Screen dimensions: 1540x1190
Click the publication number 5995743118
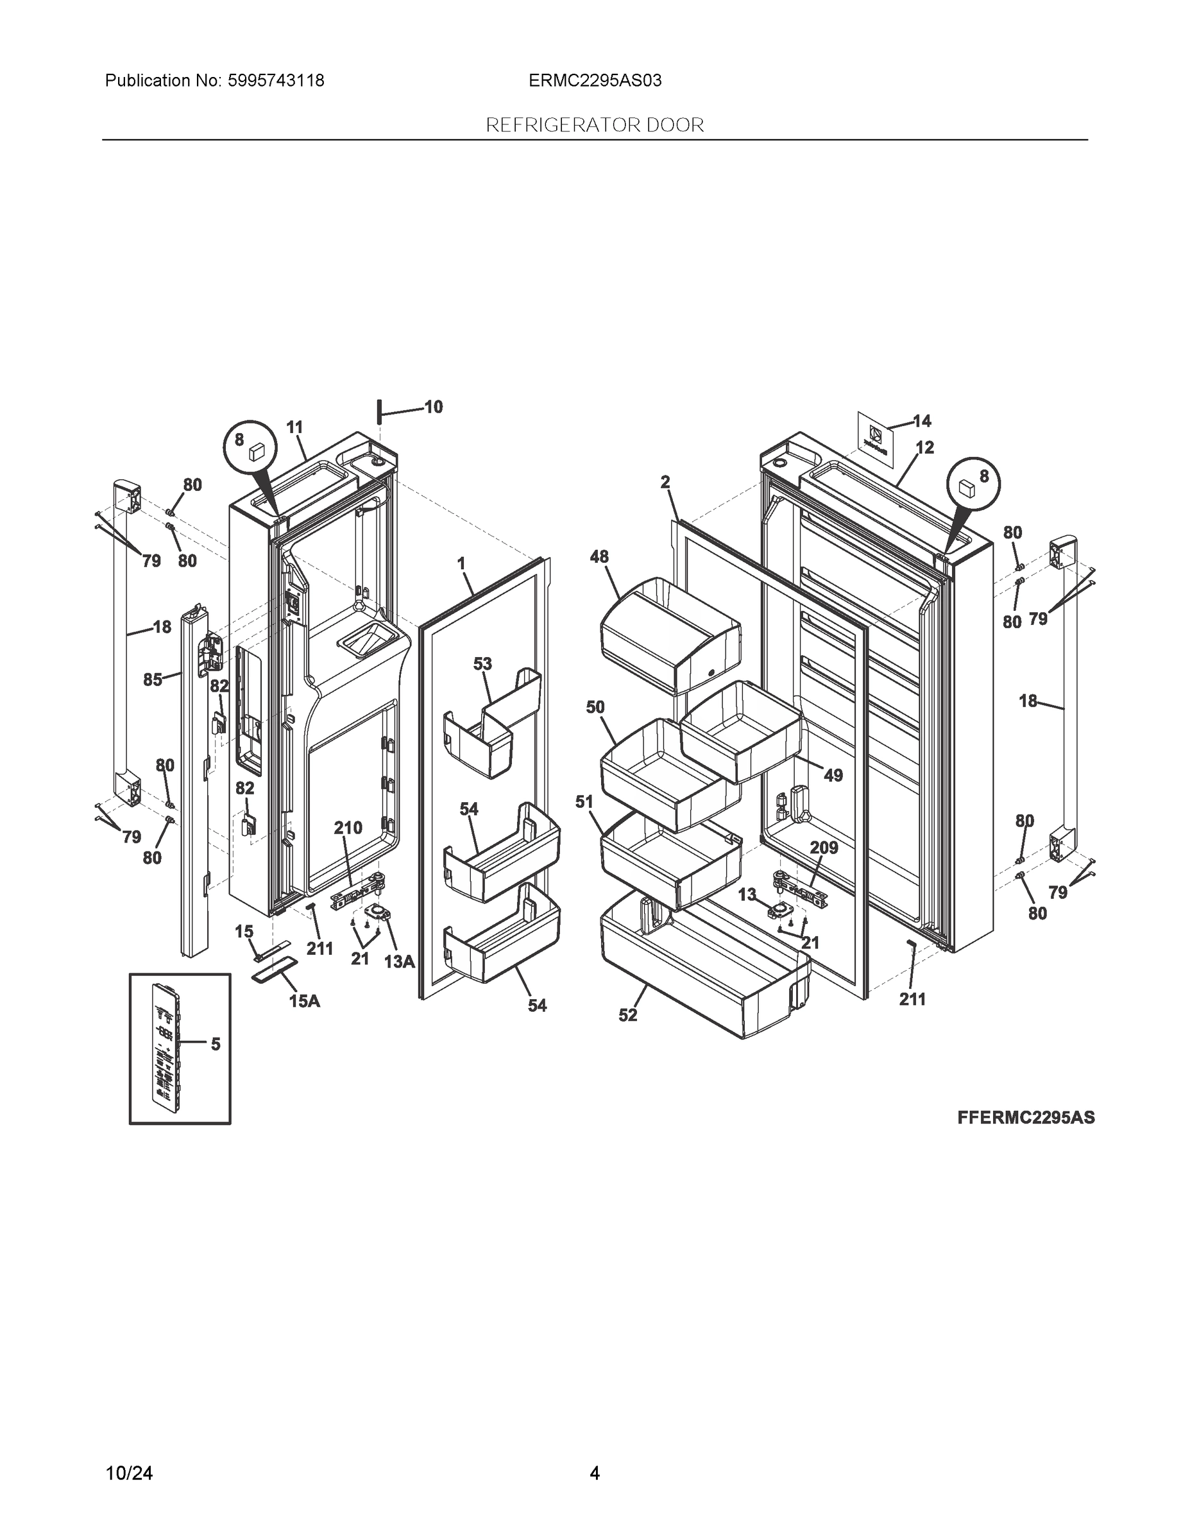276,81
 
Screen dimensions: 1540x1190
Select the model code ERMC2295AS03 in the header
595,81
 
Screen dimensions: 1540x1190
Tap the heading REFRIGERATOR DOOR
595,126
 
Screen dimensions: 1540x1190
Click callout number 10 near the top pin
434,407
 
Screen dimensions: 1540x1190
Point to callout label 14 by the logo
922,421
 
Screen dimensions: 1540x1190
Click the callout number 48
599,557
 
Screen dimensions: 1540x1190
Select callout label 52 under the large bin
628,1014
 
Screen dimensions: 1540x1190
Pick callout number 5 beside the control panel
216,1043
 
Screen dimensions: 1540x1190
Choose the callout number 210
348,828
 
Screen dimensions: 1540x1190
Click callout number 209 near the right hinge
824,848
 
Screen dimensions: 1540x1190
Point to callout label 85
153,680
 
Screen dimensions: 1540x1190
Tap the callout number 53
483,663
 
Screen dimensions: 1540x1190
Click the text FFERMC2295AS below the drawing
1026,1118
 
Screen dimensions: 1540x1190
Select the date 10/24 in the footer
129,1453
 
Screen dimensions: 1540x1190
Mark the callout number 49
833,776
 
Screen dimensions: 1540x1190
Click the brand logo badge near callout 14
876,437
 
